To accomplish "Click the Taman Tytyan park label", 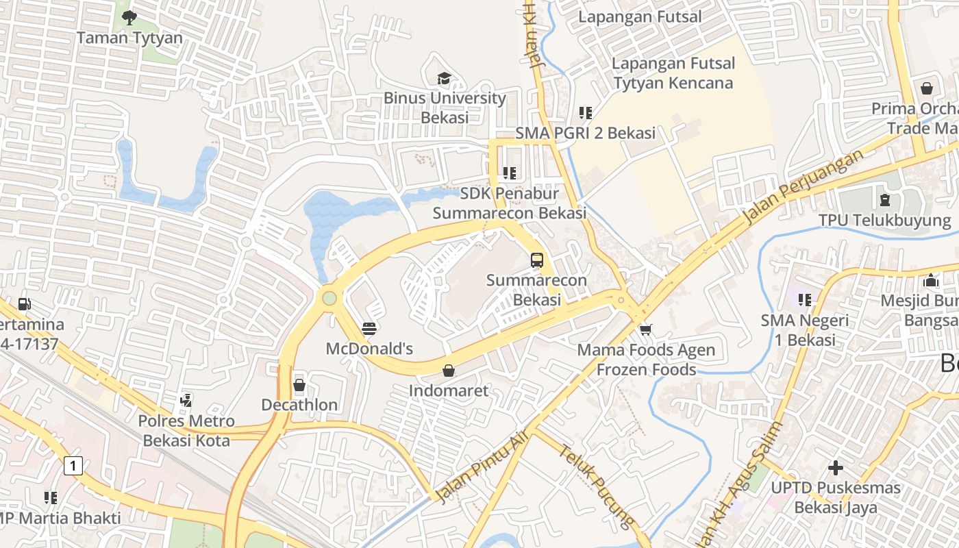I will (x=129, y=38).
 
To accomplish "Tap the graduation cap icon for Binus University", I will (x=445, y=78).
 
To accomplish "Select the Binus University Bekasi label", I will (x=445, y=108).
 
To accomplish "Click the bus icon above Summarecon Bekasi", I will (x=537, y=260).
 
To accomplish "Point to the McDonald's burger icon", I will (x=369, y=328).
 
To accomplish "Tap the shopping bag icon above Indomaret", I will (x=449, y=371).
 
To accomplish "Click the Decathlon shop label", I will (x=299, y=405).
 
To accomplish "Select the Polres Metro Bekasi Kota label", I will (x=186, y=430).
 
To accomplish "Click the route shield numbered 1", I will (x=73, y=466).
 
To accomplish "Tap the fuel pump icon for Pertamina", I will (x=25, y=303).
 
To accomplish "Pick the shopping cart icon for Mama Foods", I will (x=645, y=330).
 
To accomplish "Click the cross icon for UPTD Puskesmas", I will (x=836, y=468).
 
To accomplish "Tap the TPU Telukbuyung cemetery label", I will (x=884, y=221).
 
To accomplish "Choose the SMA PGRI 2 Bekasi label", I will (x=585, y=133).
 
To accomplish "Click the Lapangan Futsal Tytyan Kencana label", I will (x=673, y=73).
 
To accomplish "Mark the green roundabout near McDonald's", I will (x=329, y=298).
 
